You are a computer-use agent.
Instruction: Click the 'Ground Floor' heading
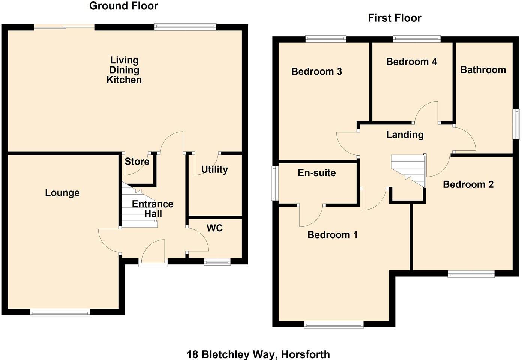click(x=123, y=6)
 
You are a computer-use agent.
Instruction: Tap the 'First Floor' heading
click(x=394, y=18)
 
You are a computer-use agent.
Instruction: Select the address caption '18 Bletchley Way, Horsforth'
click(x=258, y=354)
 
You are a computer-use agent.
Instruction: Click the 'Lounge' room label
click(x=62, y=193)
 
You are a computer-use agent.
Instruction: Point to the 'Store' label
click(x=137, y=162)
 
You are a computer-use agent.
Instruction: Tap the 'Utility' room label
click(x=214, y=169)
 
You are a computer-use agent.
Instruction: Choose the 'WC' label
click(x=214, y=228)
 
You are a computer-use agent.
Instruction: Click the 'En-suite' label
click(x=316, y=173)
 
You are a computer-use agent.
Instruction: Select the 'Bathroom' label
click(x=483, y=70)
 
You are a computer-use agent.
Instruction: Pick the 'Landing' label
click(x=405, y=135)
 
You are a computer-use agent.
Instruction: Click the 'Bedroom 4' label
click(x=411, y=61)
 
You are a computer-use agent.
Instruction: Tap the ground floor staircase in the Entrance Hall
click(x=137, y=208)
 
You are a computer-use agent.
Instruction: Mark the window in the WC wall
click(x=217, y=262)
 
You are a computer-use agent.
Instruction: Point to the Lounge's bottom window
click(x=60, y=312)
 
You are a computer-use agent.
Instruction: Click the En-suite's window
click(x=275, y=183)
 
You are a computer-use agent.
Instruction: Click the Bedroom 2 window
click(x=471, y=274)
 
